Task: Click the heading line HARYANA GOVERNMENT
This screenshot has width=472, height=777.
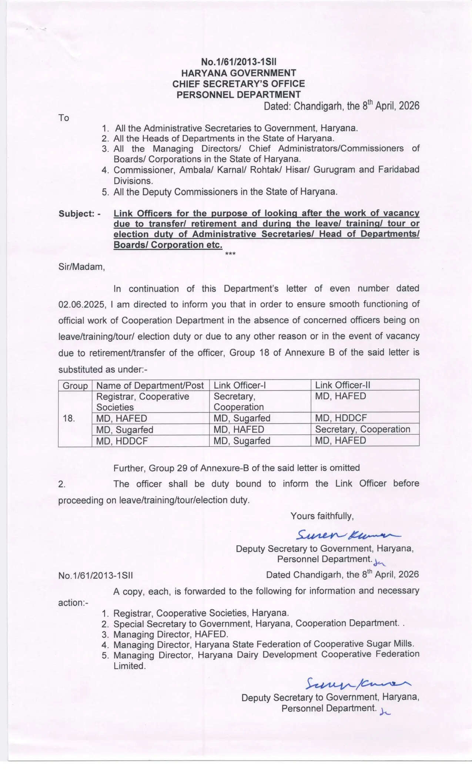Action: coord(238,73)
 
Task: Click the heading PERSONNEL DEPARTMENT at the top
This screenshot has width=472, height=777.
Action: coord(238,95)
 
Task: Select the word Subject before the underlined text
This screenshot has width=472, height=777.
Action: coord(76,214)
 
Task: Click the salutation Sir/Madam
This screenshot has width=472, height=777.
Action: coord(82,267)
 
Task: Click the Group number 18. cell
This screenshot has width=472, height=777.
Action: coord(69,418)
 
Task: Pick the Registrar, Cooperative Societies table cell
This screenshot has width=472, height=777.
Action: coord(143,402)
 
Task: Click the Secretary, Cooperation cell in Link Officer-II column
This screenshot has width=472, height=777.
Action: coord(362,429)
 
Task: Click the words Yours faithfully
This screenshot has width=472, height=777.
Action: coord(322,516)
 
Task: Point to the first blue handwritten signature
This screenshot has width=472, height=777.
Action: coord(348,535)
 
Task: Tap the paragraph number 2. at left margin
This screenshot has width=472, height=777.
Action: coord(62,484)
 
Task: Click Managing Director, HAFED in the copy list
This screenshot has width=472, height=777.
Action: coord(171,634)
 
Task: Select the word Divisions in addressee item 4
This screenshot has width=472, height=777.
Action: coord(133,181)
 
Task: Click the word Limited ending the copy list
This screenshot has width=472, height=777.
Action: coord(130,666)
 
